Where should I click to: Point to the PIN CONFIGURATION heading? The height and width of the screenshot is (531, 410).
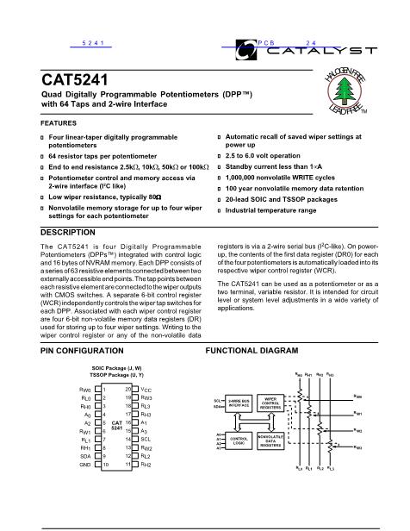point(80,352)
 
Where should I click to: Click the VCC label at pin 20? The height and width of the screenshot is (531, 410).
point(146,390)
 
